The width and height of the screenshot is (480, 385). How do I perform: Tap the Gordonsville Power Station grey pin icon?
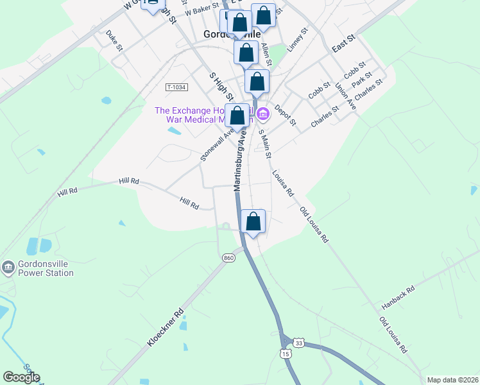8,266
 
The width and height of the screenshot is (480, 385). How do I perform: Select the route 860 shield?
228,257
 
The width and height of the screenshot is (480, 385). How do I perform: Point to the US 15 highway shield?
286,354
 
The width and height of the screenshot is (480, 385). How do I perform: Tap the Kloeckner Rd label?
166,328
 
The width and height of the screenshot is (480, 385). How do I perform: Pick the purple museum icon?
262,115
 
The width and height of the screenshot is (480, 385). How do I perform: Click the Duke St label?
114,40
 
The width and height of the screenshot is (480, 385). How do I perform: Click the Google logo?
22,377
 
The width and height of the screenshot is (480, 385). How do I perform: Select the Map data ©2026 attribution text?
452,379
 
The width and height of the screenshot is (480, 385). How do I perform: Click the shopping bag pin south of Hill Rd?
253,221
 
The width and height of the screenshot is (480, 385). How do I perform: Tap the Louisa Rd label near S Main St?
282,183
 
